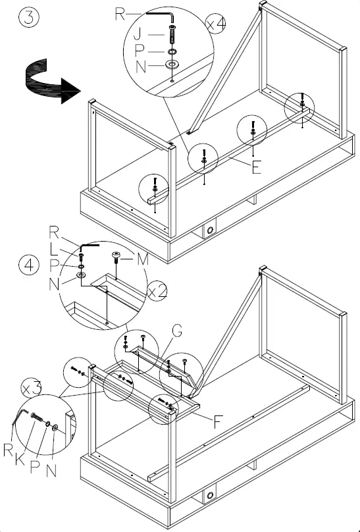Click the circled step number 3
(29, 18)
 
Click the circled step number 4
(29, 265)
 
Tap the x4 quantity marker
(216, 24)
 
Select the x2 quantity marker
(158, 291)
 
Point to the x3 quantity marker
(31, 388)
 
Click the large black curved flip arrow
(51, 82)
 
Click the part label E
(257, 167)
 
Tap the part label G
(177, 331)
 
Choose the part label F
(218, 422)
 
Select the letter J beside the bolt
(138, 34)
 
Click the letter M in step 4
(143, 259)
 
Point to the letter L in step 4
(54, 250)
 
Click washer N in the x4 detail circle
(172, 64)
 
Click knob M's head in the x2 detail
(116, 254)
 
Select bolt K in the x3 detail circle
(37, 417)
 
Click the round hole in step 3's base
(210, 230)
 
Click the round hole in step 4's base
(210, 496)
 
